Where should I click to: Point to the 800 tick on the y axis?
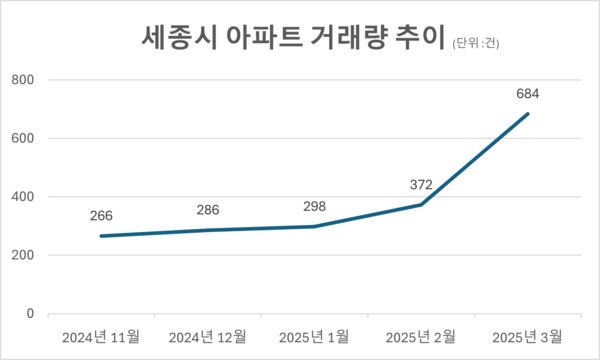point(21,80)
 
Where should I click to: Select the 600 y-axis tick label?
point(21,138)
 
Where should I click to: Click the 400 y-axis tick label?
point(21,197)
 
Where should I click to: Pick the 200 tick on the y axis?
point(21,255)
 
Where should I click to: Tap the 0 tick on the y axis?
point(29,314)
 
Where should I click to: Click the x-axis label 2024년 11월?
point(100,334)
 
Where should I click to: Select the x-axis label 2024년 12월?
point(207,334)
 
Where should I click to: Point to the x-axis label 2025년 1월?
point(314,334)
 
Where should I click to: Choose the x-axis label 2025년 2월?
point(421,334)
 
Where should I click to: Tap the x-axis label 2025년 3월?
point(528,334)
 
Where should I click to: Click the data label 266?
point(100,215)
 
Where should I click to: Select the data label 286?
point(207,210)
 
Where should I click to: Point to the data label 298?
point(314,206)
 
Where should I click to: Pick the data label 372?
point(421,184)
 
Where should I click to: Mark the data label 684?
point(528,94)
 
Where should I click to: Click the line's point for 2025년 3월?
point(528,114)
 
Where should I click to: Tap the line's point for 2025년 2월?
point(421,205)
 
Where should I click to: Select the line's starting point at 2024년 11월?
point(100,236)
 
